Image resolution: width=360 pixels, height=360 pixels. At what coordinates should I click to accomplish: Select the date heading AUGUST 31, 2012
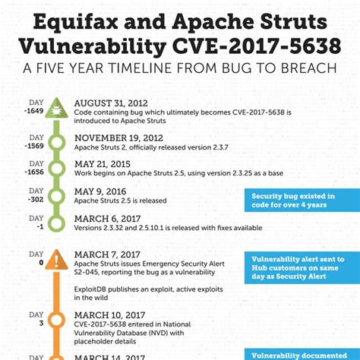(112, 103)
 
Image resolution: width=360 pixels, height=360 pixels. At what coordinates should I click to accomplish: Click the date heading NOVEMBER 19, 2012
(118, 137)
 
